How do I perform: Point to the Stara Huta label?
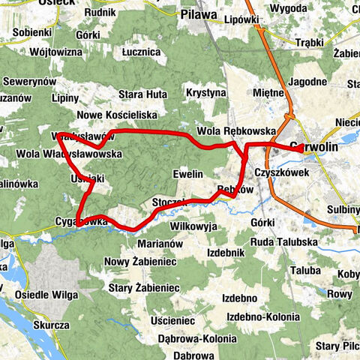tap(142, 94)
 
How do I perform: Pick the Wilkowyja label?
tap(193, 225)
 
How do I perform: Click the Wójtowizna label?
tap(56, 53)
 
